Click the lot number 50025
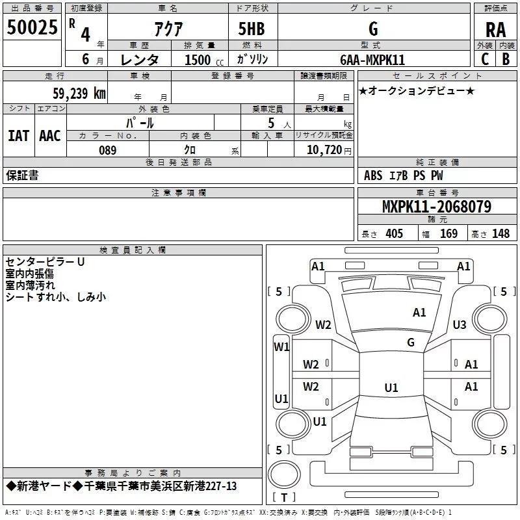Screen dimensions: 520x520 click(32, 27)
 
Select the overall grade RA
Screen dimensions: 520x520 click(496, 30)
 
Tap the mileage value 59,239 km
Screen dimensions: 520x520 click(79, 94)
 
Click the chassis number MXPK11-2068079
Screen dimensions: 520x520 click(437, 207)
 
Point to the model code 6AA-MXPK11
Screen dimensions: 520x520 click(372, 60)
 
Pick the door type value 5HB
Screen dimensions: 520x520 click(252, 29)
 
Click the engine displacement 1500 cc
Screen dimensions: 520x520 click(204, 60)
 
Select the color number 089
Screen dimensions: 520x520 click(108, 150)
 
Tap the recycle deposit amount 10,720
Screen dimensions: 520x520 click(324, 150)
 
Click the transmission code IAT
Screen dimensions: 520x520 click(19, 136)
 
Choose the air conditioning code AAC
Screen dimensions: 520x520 click(50, 136)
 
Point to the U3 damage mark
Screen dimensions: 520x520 click(460, 324)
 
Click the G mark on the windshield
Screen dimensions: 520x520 click(411, 343)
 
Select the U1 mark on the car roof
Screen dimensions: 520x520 click(391, 387)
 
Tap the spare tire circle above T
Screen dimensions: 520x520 click(284, 474)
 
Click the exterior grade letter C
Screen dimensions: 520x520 click(485, 59)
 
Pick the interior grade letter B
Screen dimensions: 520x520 click(506, 59)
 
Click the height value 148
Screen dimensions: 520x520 click(500, 233)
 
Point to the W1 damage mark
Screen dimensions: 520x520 click(281, 347)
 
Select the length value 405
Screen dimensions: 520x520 click(395, 233)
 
